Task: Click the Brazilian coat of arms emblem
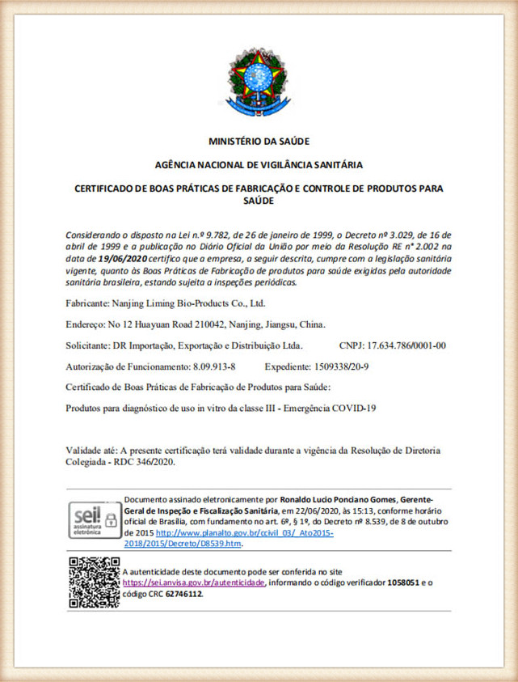[258, 82]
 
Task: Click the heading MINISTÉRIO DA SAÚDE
[259, 142]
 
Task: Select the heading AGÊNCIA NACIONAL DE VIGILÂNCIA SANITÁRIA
[259, 165]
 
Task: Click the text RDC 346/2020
[146, 462]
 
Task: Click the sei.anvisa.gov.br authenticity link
[194, 582]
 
